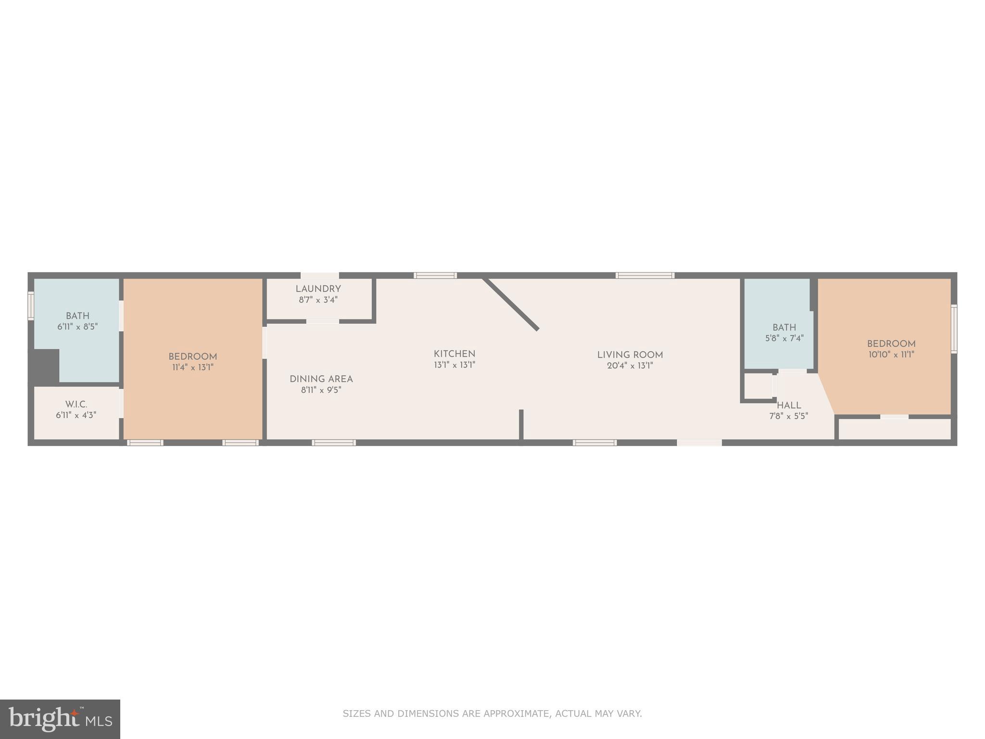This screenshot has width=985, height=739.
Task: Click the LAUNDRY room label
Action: coord(318,289)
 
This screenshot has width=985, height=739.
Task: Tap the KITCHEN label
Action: coord(455,354)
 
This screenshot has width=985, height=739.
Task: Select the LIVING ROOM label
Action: coord(630,355)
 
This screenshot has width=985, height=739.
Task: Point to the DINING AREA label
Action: coord(321,379)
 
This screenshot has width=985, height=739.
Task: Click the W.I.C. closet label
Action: coord(76,405)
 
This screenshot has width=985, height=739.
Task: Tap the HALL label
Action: coord(789,406)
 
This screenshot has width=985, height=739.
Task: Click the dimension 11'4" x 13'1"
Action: coord(192,368)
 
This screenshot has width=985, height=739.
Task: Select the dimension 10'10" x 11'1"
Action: coord(891,355)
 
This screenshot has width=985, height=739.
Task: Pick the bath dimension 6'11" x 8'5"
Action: coord(77,327)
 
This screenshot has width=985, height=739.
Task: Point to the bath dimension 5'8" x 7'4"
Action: coord(784,338)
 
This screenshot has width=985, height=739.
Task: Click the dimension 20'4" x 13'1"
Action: coord(630,366)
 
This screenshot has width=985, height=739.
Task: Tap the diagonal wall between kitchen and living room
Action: coord(511,304)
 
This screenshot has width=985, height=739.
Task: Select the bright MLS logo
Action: coord(60,719)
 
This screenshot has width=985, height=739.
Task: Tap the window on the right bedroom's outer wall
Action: coord(954,329)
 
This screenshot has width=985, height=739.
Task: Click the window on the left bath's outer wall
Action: coord(31,306)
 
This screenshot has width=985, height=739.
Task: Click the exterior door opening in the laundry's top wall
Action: coord(320,276)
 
